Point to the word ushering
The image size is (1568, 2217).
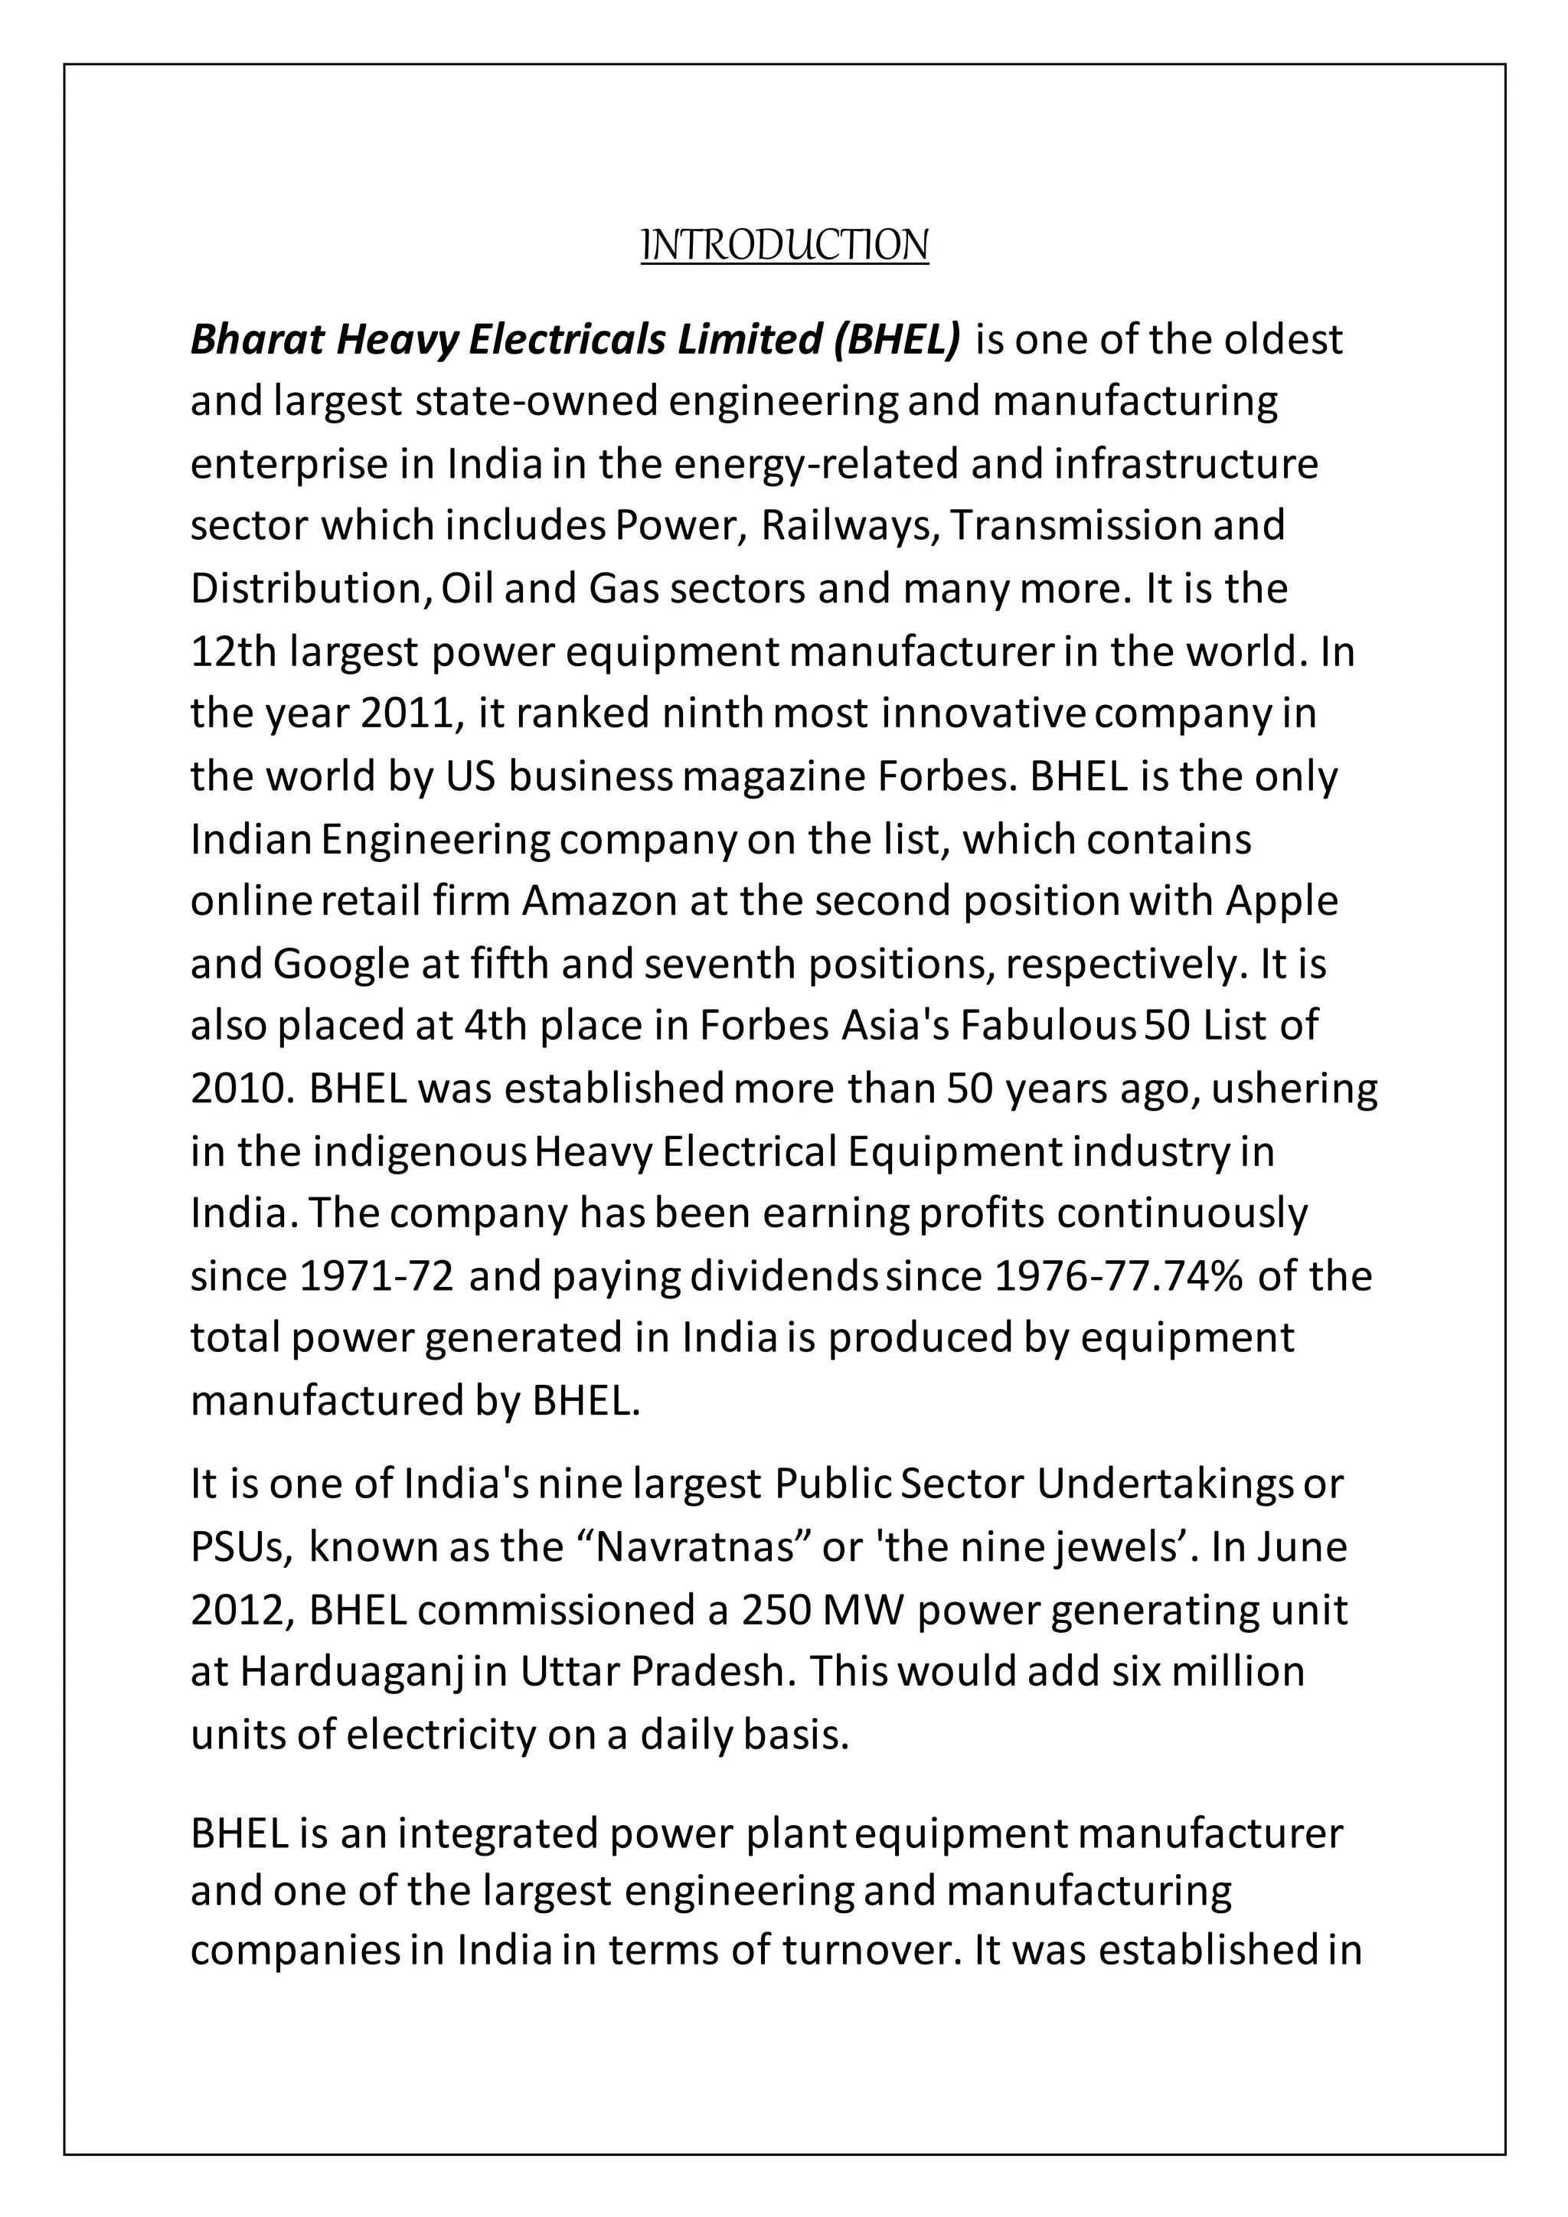(1294, 1089)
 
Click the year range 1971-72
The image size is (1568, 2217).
(377, 1276)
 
